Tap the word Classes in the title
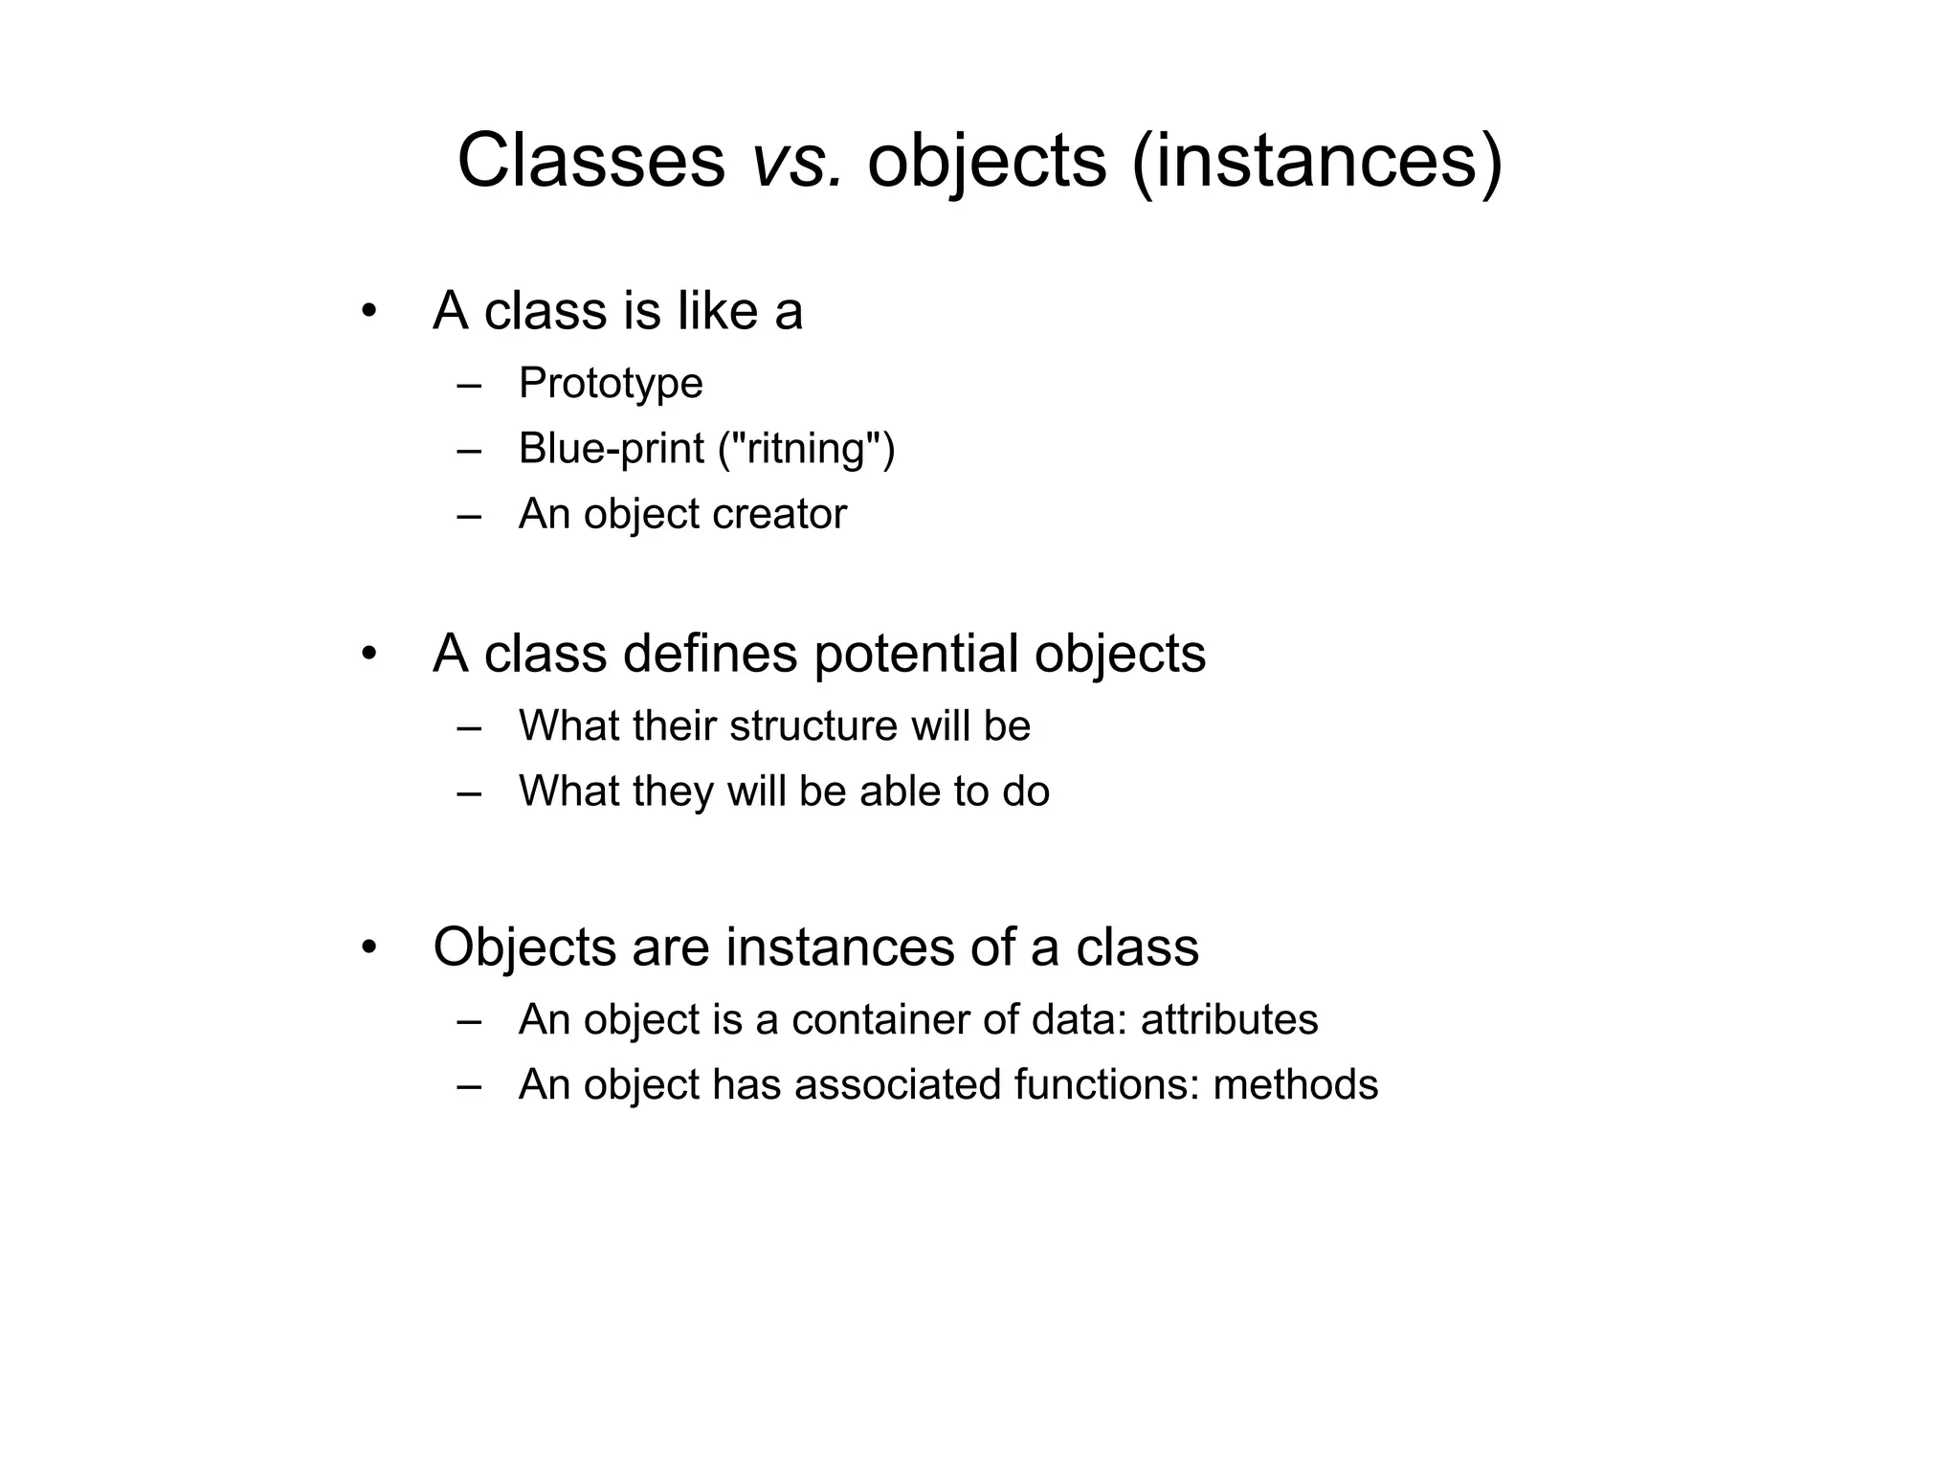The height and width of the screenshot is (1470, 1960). point(590,161)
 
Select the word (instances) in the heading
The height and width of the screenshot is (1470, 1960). point(1317,161)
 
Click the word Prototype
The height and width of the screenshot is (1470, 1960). point(611,384)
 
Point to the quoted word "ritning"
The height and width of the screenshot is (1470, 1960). point(807,449)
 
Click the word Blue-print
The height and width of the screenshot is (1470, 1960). point(611,449)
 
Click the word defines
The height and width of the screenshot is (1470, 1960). point(709,655)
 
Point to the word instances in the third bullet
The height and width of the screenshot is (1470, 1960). point(839,947)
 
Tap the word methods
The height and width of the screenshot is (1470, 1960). point(1295,1085)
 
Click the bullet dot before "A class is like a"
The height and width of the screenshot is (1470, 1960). point(368,312)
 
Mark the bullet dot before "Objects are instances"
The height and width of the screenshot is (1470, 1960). point(368,948)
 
